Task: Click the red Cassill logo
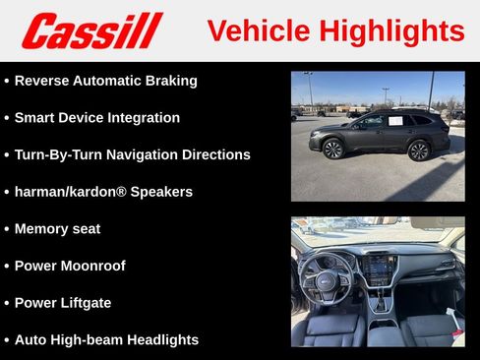pyautogui.click(x=91, y=30)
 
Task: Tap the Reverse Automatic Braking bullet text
pyautogui.click(x=105, y=81)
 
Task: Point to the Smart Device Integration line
pyautogui.click(x=96, y=118)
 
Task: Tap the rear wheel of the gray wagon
pyautogui.click(x=419, y=150)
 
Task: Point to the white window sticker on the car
pyautogui.click(x=394, y=121)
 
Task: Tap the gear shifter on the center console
pyautogui.click(x=382, y=306)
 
